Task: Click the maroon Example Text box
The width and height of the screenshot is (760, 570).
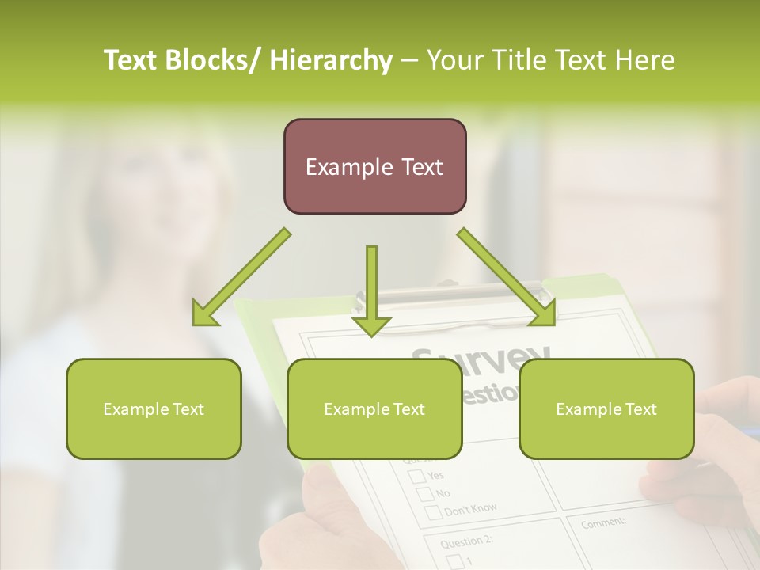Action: [374, 166]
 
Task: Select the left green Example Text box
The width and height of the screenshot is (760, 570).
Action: [154, 408]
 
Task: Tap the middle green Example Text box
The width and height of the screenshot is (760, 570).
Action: [374, 408]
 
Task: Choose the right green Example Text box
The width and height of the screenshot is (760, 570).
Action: [606, 408]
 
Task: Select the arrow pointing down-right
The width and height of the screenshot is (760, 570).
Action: [507, 277]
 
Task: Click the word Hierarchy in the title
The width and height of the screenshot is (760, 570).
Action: [331, 60]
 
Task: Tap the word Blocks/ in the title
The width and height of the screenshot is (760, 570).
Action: [215, 60]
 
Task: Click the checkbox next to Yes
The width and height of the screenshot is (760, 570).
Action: [416, 477]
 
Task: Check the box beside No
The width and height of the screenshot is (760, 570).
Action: [426, 494]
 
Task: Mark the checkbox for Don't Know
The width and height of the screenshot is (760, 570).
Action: [435, 512]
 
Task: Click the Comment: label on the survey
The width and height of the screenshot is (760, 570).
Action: [603, 522]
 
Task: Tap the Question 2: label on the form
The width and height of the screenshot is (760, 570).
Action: [465, 542]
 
